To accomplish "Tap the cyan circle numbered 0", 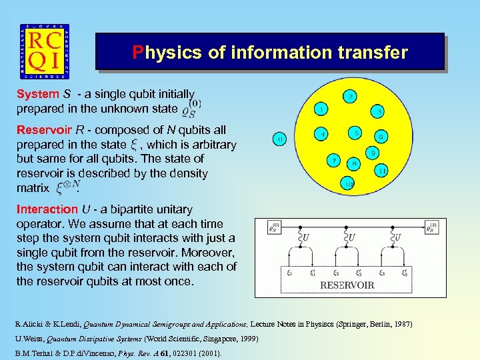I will pyautogui.click(x=280, y=139).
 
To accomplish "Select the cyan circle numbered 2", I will pyautogui.click(x=351, y=97).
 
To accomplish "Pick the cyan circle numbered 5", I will pyautogui.click(x=357, y=133).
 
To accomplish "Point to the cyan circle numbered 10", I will pyautogui.click(x=347, y=183).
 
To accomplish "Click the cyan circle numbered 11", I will pyautogui.click(x=381, y=171).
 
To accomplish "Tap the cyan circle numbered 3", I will pyautogui.click(x=379, y=111).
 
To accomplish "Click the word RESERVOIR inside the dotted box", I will pyautogui.click(x=347, y=285).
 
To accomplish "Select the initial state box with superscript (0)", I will pyautogui.click(x=273, y=227).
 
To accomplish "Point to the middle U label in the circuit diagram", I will pyautogui.click(x=351, y=237).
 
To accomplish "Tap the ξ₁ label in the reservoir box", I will pyautogui.click(x=290, y=273).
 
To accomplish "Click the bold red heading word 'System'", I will pyautogui.click(x=37, y=94).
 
